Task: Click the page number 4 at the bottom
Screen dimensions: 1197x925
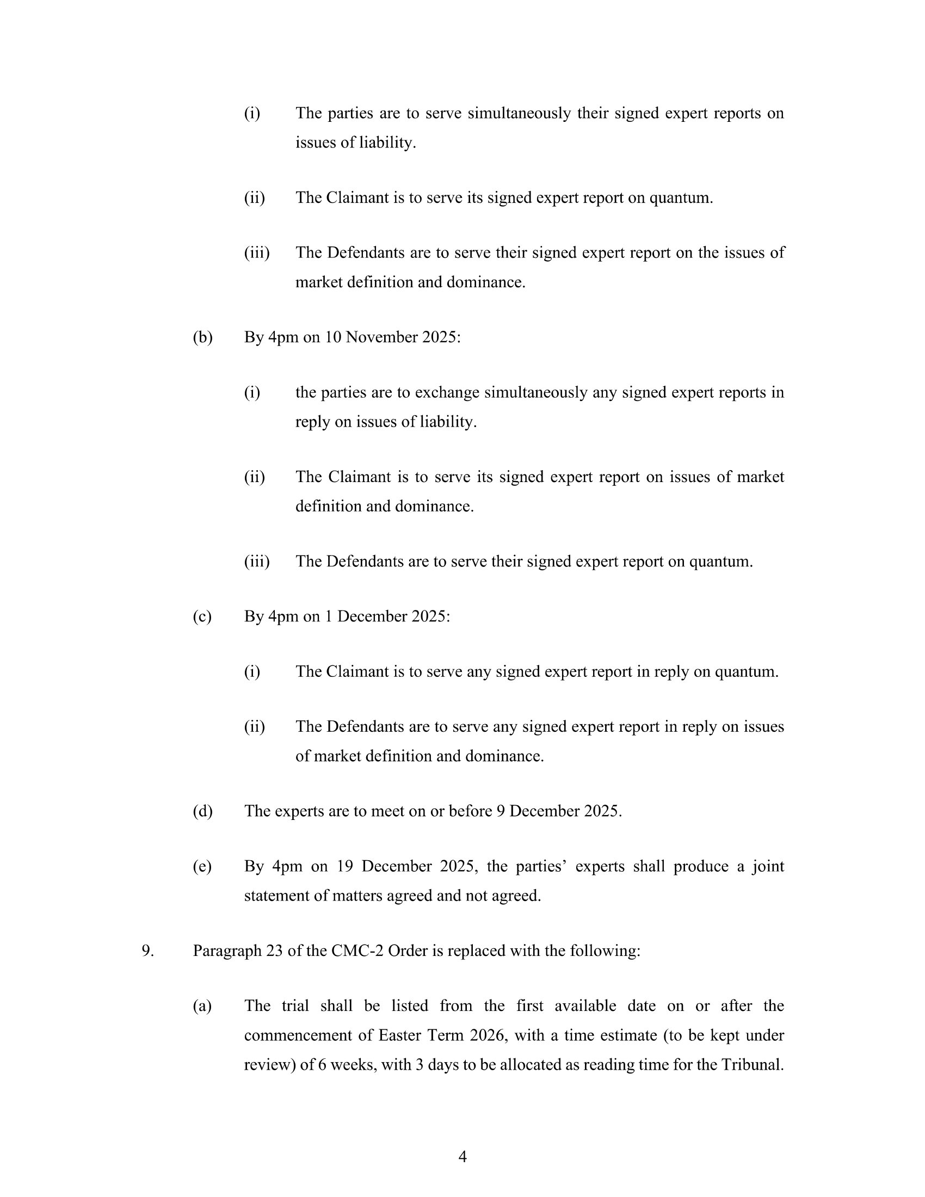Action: tap(462, 1156)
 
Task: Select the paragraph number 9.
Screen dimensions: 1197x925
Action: tap(147, 951)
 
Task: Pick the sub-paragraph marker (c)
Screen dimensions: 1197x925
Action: tap(202, 616)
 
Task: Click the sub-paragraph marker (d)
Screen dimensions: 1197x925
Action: tap(202, 811)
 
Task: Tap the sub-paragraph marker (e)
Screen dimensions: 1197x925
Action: tap(202, 866)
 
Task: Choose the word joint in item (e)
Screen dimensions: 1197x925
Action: tap(768, 866)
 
